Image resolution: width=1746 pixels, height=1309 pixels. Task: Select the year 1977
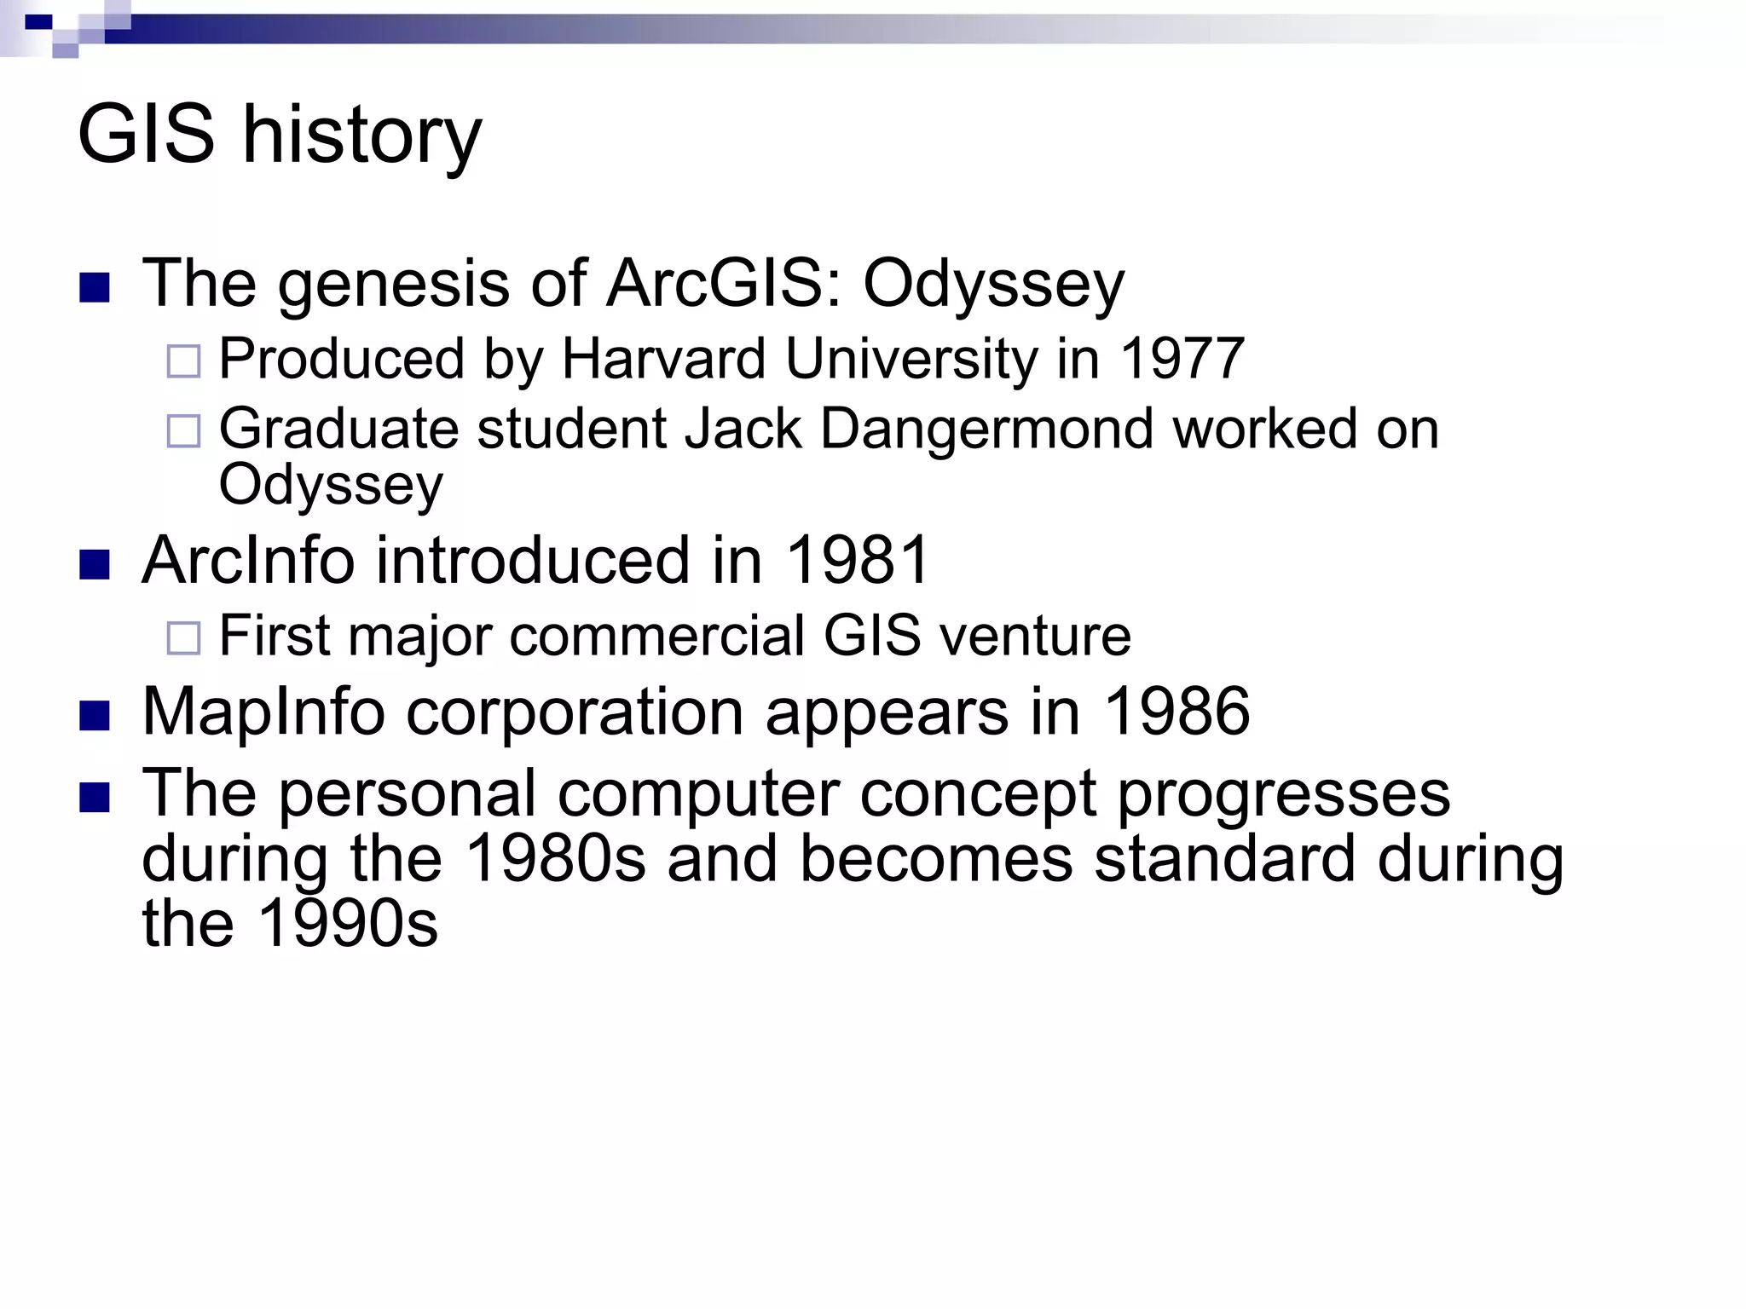pyautogui.click(x=1182, y=359)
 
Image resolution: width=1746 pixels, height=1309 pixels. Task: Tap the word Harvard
pyautogui.click(x=663, y=359)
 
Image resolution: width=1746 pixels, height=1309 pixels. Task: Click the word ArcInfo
pyautogui.click(x=248, y=561)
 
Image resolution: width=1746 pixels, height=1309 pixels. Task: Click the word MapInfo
pyautogui.click(x=263, y=712)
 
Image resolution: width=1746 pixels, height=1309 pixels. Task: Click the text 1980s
pyautogui.click(x=557, y=859)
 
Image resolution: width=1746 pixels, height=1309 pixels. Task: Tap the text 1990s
pyautogui.click(x=347, y=924)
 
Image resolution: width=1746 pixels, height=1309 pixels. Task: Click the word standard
pyautogui.click(x=1224, y=859)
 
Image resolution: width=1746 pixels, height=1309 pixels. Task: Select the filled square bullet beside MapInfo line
pyautogui.click(x=95, y=716)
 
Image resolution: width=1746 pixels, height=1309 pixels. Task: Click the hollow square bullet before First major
pyautogui.click(x=183, y=638)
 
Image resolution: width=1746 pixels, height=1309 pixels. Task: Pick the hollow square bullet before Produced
pyautogui.click(x=183, y=361)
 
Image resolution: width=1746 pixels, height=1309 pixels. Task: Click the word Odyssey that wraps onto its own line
pyautogui.click(x=331, y=486)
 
